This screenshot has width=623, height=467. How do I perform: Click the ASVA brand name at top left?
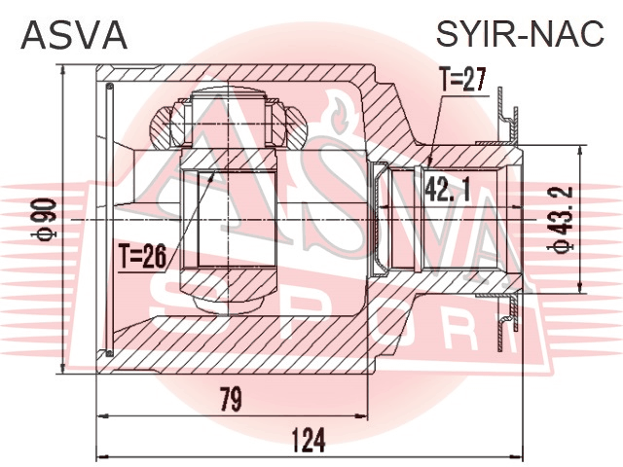tap(74, 35)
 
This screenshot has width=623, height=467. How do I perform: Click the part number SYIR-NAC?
tap(520, 34)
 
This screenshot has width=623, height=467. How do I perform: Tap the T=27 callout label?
tap(462, 80)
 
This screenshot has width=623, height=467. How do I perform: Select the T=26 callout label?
tap(142, 257)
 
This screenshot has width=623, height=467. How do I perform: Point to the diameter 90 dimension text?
tap(45, 219)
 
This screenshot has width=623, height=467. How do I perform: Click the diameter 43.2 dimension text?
tap(562, 220)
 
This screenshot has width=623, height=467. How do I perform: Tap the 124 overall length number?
tap(309, 440)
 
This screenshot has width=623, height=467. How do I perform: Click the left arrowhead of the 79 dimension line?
tap(102, 415)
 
